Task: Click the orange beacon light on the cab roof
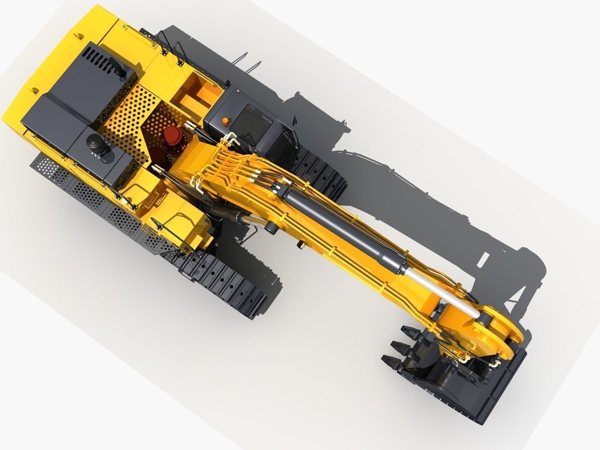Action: coord(225,121)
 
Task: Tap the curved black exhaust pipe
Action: coord(117,68)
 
